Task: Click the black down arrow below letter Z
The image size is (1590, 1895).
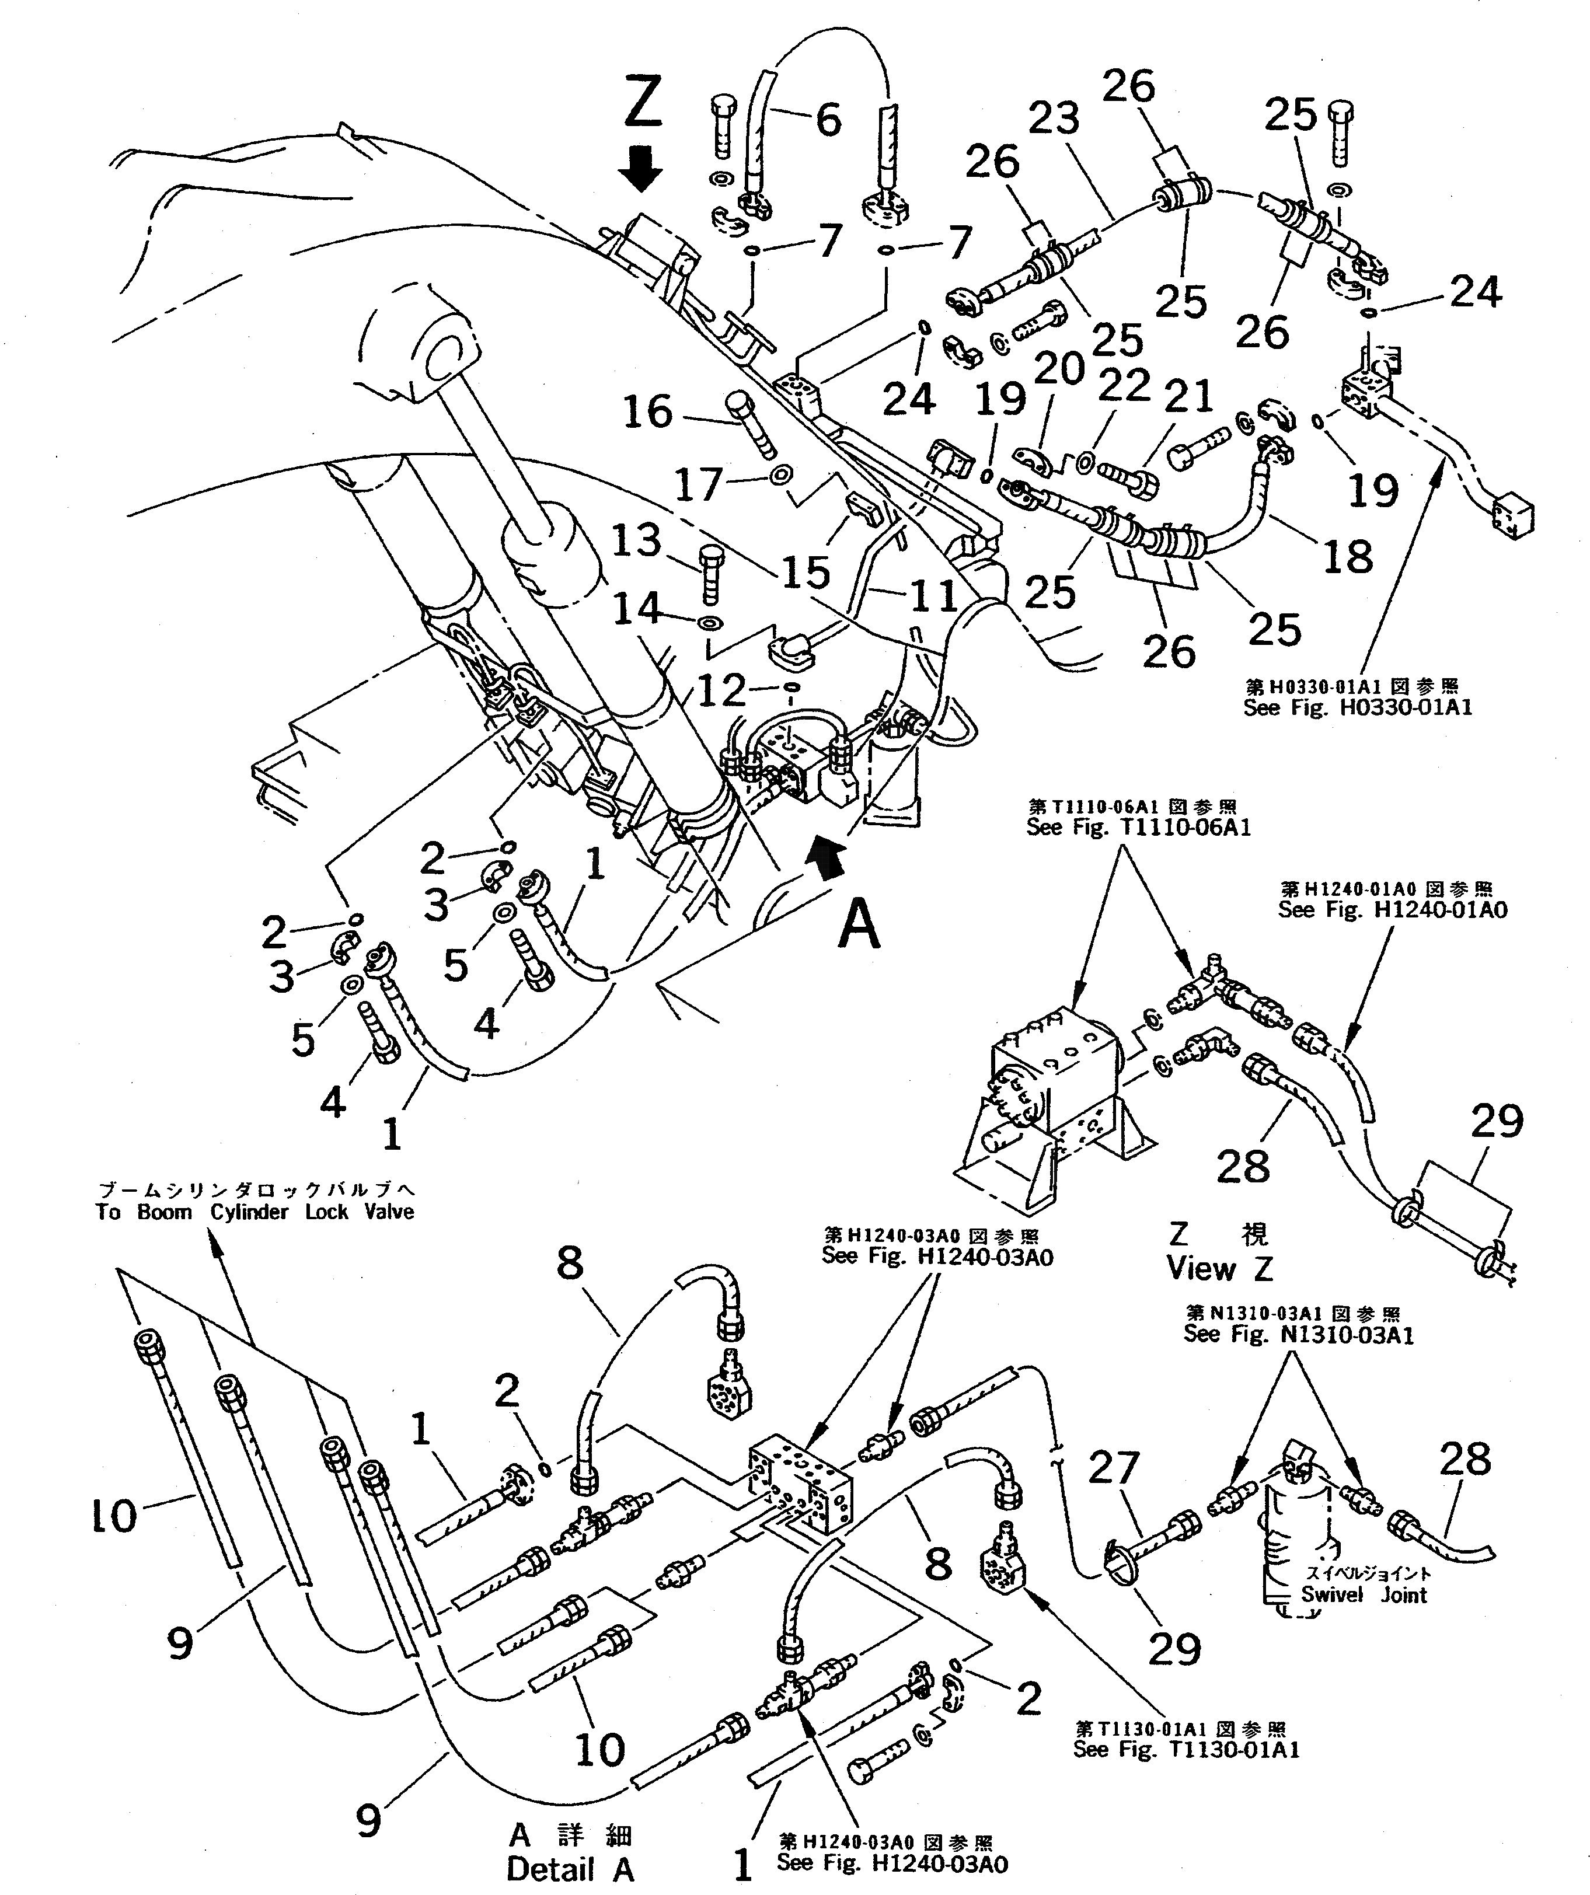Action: pos(641,167)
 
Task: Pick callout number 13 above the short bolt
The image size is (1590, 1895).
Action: pos(636,542)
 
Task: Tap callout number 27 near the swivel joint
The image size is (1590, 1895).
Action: pos(1114,1468)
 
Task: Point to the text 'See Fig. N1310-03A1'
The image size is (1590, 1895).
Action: pos(1299,1334)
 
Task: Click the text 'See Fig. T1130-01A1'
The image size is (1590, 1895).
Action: pos(1185,1750)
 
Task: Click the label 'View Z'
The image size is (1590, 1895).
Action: pos(1219,1267)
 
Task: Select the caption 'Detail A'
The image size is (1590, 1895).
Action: pos(570,1870)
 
